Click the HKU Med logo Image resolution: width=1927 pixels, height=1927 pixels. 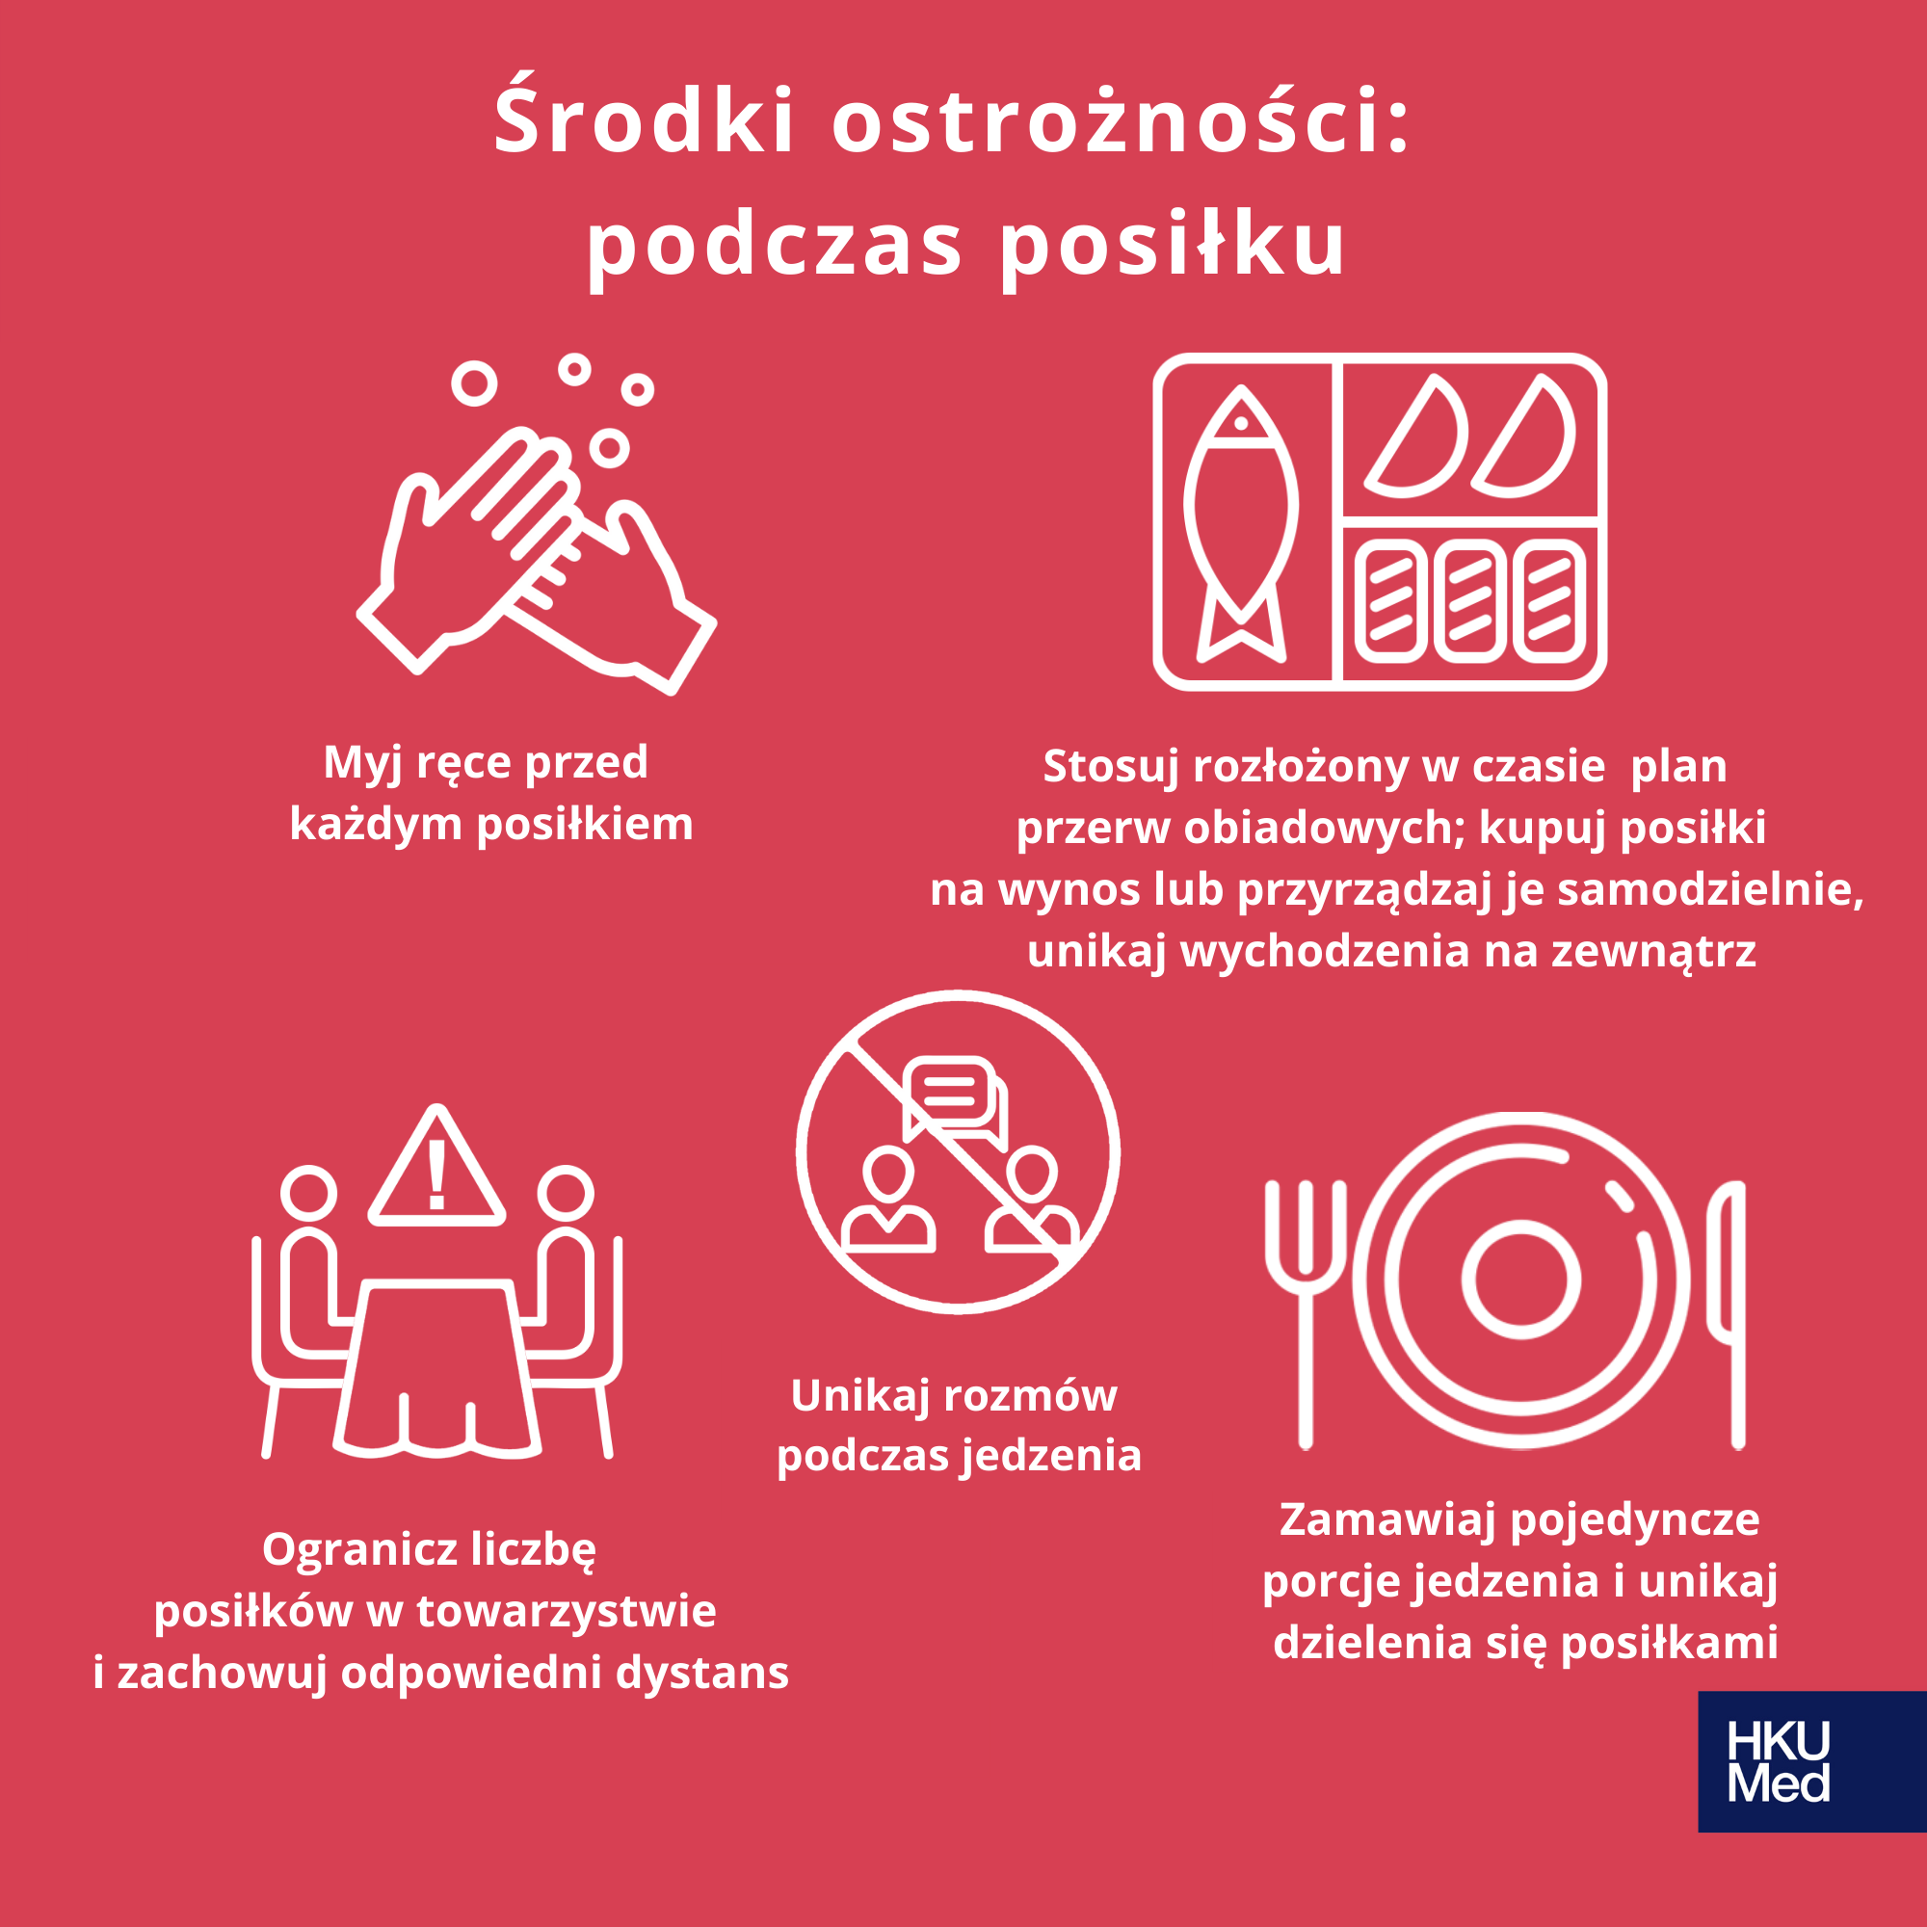[1811, 1760]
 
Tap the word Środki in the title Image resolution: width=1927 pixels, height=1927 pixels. [645, 119]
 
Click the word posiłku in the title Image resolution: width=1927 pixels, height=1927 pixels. [1173, 247]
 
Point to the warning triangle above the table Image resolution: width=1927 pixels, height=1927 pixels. [436, 1166]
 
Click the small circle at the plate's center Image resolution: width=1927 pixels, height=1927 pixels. [1521, 1280]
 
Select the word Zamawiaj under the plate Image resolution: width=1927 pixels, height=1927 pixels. [1387, 1520]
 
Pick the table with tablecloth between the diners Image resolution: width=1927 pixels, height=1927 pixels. [437, 1368]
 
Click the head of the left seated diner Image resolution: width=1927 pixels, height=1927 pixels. [308, 1192]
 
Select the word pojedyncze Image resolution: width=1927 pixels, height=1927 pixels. [1635, 1521]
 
